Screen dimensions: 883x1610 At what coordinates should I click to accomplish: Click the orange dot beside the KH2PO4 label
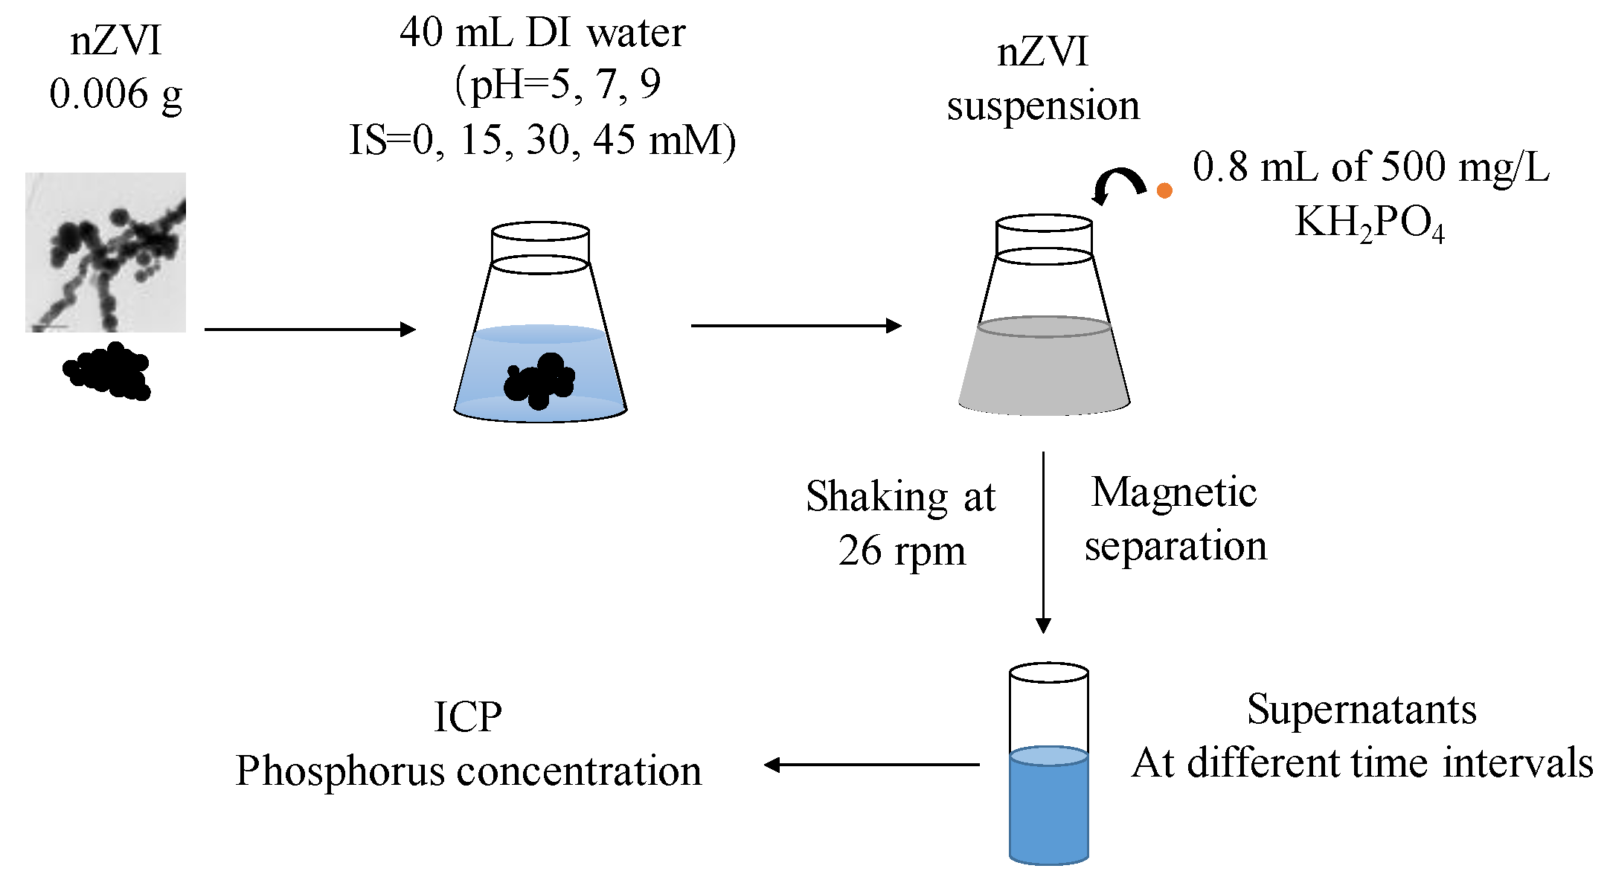tap(1164, 190)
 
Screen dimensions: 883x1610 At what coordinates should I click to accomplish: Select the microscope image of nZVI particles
tap(106, 252)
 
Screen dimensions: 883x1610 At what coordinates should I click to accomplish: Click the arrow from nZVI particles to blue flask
tap(309, 329)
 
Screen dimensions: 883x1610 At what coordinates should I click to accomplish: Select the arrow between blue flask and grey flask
tap(795, 325)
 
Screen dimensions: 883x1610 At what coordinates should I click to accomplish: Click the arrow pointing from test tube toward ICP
tap(871, 764)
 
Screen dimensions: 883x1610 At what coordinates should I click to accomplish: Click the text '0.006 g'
tap(115, 94)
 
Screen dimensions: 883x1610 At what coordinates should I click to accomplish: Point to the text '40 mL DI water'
tap(542, 33)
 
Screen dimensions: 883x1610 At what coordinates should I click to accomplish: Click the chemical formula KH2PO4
tap(1369, 222)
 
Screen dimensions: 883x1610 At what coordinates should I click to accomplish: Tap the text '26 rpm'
tap(902, 551)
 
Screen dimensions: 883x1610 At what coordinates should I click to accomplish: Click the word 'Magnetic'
tap(1174, 492)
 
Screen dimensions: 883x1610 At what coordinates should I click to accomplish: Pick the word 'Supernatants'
tap(1362, 709)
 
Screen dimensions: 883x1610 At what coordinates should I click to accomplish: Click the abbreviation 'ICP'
tap(467, 718)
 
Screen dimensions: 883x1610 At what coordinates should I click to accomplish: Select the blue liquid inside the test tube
tap(1048, 811)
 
